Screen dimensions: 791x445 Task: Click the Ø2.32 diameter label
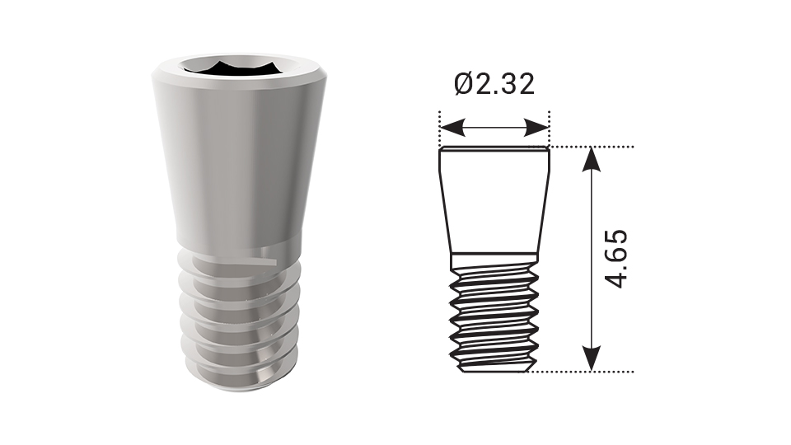pos(494,84)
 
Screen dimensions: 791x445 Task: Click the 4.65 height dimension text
pos(616,260)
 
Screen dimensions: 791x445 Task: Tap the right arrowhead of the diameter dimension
pos(536,128)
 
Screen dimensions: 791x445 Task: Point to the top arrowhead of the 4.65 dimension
pos(592,160)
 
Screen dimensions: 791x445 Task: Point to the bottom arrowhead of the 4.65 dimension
pos(592,358)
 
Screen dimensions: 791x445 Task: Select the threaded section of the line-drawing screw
pos(494,319)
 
